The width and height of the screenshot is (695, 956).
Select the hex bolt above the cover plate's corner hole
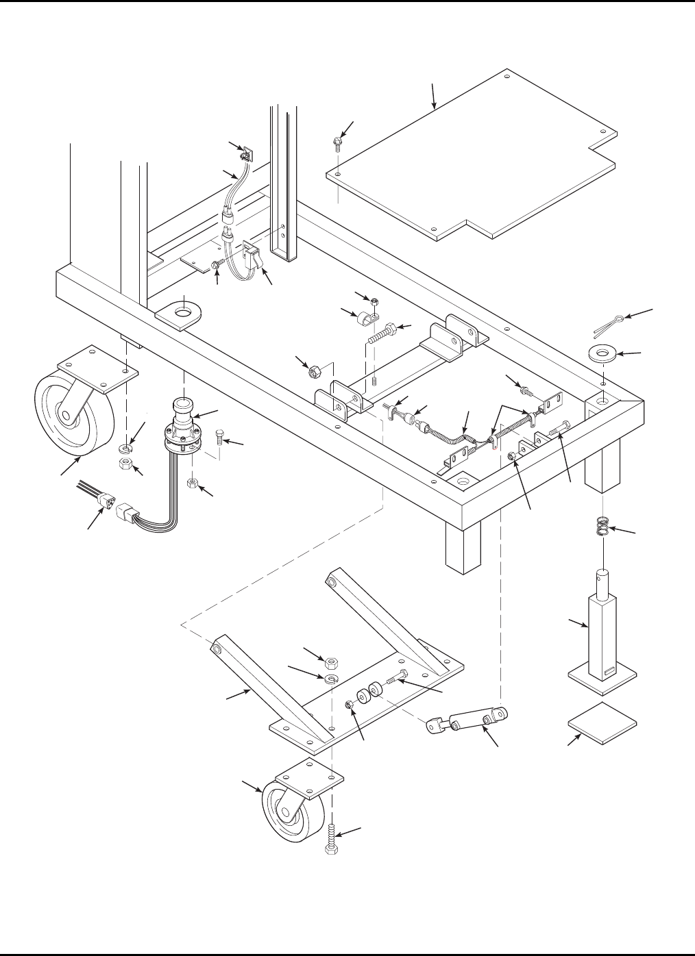coord(337,143)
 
